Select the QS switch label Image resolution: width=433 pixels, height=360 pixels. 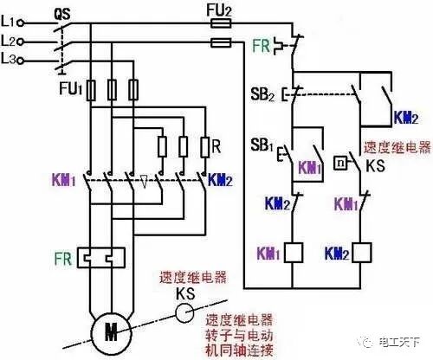(62, 14)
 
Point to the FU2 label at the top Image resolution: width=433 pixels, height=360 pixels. (223, 10)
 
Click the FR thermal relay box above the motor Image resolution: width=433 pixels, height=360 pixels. (100, 256)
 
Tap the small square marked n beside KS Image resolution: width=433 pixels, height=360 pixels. (342, 162)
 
